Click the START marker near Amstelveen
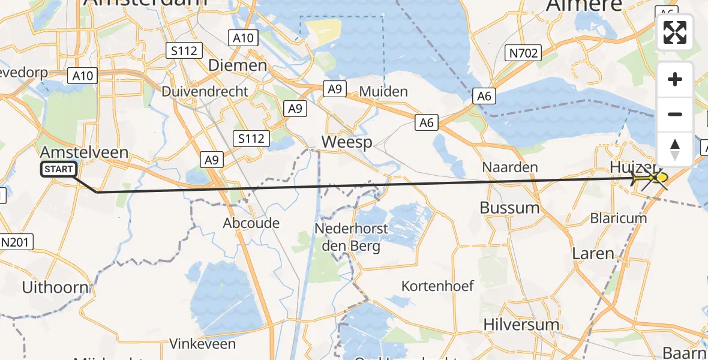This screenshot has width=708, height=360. [x=58, y=170]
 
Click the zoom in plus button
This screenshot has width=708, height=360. [x=675, y=80]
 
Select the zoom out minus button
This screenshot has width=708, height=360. [x=675, y=114]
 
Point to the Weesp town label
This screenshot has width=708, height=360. [x=347, y=142]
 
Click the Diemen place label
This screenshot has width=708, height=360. [x=237, y=65]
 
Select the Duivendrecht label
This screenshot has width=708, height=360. [x=205, y=92]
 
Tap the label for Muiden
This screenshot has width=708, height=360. [x=383, y=92]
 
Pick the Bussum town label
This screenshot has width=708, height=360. [x=509, y=208]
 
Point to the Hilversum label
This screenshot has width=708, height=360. [x=521, y=325]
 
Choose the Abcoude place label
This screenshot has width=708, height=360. [x=251, y=223]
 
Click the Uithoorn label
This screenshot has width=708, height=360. [x=55, y=287]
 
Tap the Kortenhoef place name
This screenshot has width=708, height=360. [x=437, y=286]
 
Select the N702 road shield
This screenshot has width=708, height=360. [x=523, y=53]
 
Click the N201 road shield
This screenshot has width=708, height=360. [x=16, y=242]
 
